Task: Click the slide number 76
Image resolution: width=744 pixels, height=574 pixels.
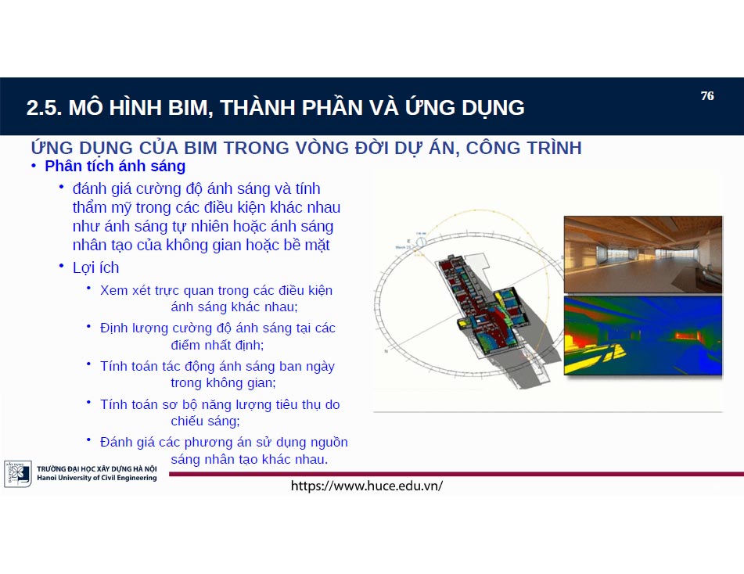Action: [x=707, y=96]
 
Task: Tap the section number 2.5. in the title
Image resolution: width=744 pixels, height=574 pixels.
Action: [x=44, y=108]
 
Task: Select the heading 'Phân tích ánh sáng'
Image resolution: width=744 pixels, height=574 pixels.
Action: [x=115, y=166]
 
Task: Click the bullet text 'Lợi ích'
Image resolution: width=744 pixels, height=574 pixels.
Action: [x=95, y=267]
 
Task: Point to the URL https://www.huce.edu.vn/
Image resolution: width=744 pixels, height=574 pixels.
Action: [x=366, y=486]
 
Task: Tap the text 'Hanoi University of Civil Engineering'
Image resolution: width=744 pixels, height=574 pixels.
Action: [x=96, y=478]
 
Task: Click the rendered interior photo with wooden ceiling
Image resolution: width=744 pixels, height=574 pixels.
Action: [x=642, y=254]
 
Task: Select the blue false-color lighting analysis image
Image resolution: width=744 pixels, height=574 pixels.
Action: [x=642, y=336]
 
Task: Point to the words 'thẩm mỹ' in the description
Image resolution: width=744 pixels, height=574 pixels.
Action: [x=101, y=208]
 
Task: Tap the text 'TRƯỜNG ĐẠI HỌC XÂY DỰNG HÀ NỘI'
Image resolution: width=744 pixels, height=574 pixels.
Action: [x=96, y=469]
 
